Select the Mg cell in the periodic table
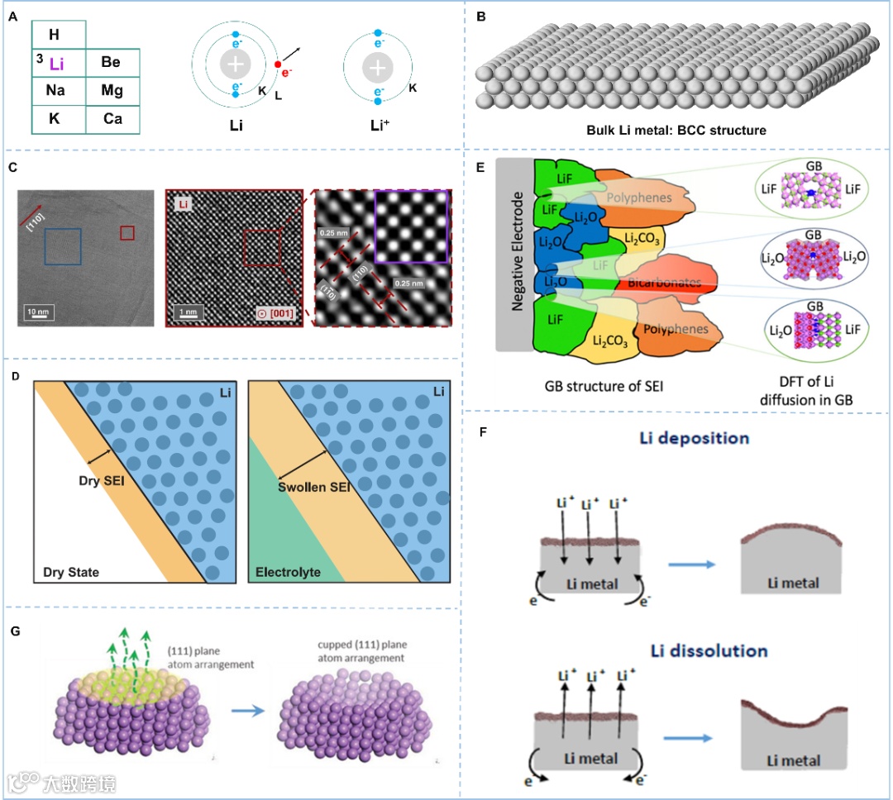pyautogui.click(x=112, y=90)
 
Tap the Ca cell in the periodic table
pyautogui.click(x=112, y=119)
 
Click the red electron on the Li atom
pyautogui.click(x=279, y=64)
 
